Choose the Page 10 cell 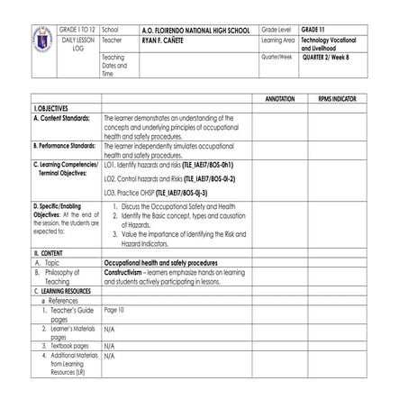pos(114,310)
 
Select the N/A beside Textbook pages pos(109,345)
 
